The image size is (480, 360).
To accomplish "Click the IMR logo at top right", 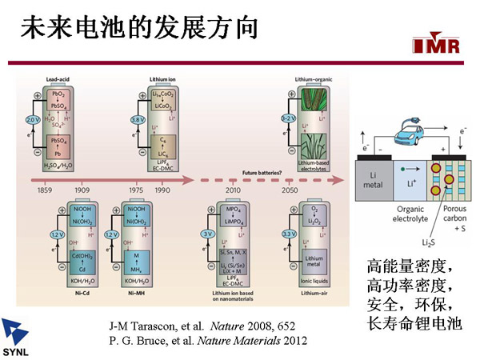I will tap(438, 46).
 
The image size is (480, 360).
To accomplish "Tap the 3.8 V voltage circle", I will tap(137, 119).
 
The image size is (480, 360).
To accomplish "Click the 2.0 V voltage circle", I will tap(32, 119).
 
